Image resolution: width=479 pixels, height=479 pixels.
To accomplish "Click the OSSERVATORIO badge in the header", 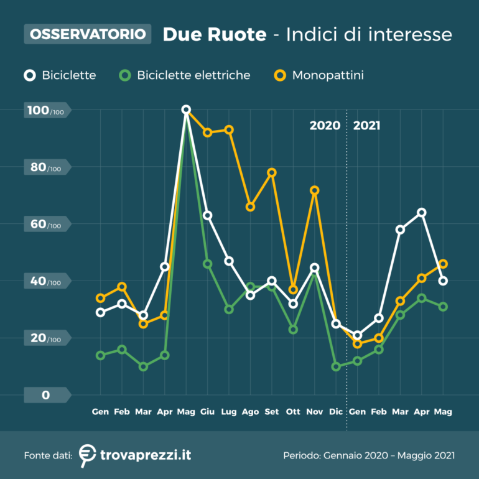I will tap(88, 34).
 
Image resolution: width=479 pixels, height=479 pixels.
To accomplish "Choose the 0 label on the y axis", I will tap(45, 395).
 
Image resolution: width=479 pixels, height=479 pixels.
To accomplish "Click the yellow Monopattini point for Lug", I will tap(229, 130).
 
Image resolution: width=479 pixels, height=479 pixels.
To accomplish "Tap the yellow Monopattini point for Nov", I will tap(315, 190).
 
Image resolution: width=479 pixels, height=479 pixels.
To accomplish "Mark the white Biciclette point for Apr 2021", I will tap(422, 213).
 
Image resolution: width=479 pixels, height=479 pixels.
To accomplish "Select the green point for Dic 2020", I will tap(336, 367).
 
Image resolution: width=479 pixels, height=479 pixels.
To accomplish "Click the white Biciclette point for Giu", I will tap(208, 216).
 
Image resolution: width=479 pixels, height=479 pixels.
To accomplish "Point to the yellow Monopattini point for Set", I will tap(272, 172).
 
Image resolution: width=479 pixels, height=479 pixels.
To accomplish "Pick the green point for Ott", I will tap(293, 330).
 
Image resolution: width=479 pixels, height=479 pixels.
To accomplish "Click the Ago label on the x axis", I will tap(250, 412).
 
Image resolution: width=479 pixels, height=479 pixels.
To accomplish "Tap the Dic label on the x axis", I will tap(336, 412).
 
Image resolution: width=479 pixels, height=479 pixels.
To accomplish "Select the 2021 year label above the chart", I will tap(366, 126).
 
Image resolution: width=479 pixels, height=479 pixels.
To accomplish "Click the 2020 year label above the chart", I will tap(325, 126).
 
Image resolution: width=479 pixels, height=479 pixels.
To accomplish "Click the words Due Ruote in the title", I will tap(214, 34).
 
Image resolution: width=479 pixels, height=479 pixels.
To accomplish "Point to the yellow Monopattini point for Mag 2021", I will tap(443, 264).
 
